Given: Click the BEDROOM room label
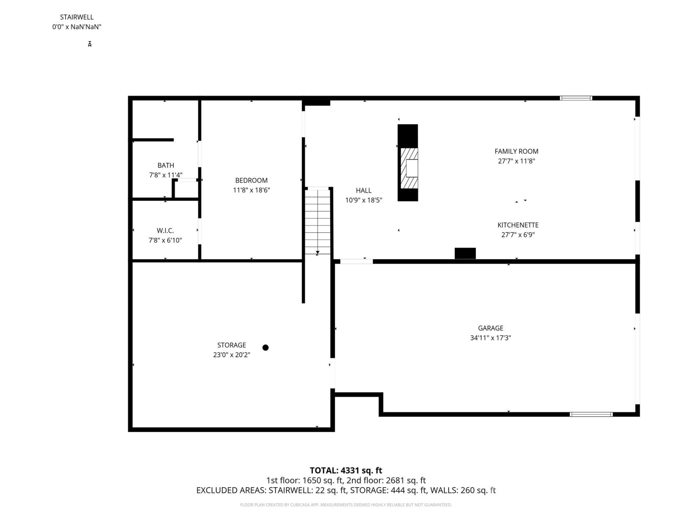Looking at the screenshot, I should [x=251, y=180].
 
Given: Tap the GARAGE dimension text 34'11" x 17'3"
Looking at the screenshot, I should [x=490, y=338].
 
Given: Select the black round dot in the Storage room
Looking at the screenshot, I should [x=266, y=347].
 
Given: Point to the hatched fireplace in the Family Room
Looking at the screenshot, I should [x=409, y=168].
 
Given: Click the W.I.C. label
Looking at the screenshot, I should [x=165, y=230].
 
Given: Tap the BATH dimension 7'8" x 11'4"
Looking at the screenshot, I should [x=165, y=175].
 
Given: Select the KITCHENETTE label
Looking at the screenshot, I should [x=518, y=225].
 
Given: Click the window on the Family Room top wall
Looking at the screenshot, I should [x=576, y=98].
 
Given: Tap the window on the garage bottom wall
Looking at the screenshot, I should [x=591, y=414].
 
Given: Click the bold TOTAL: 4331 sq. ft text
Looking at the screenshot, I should [x=346, y=470].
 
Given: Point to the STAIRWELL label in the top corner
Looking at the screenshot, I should [x=76, y=17].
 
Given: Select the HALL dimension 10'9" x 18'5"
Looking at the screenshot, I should [x=363, y=200].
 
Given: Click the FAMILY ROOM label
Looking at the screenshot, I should [x=516, y=151].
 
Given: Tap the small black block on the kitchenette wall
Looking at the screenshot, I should [x=465, y=253].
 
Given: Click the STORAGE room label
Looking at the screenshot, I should [x=231, y=345].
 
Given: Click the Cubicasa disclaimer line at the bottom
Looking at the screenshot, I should [x=346, y=505].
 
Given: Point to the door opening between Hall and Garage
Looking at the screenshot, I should [x=356, y=261].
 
